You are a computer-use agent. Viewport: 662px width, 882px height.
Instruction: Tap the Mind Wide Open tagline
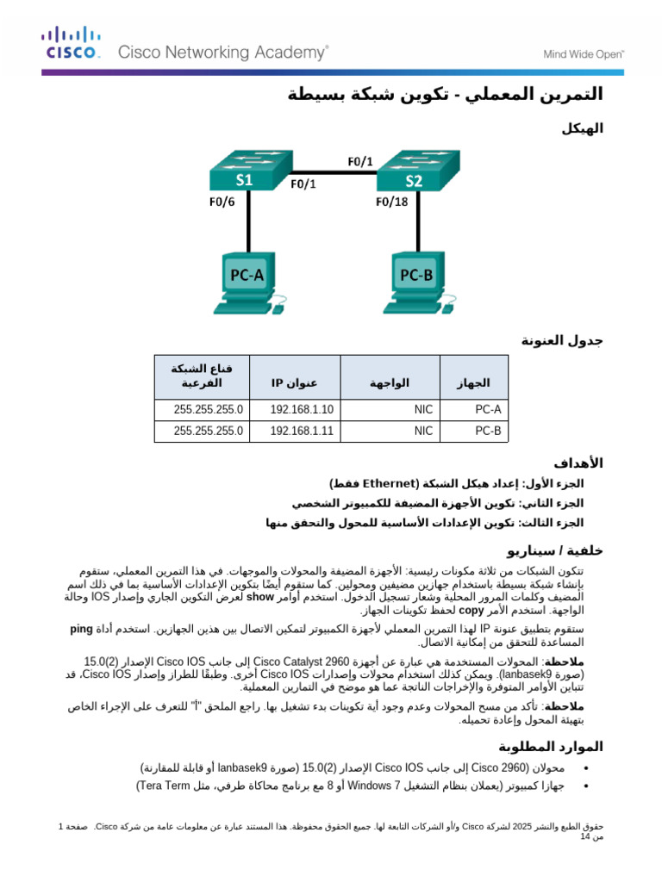click(583, 53)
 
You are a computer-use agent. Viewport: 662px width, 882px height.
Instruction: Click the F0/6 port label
click(222, 203)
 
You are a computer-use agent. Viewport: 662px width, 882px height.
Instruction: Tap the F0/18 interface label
click(391, 203)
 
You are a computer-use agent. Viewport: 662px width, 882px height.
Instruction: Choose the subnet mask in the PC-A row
click(209, 409)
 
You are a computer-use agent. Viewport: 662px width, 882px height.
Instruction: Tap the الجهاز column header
click(473, 382)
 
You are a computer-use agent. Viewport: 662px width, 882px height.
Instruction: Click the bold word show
click(259, 596)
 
